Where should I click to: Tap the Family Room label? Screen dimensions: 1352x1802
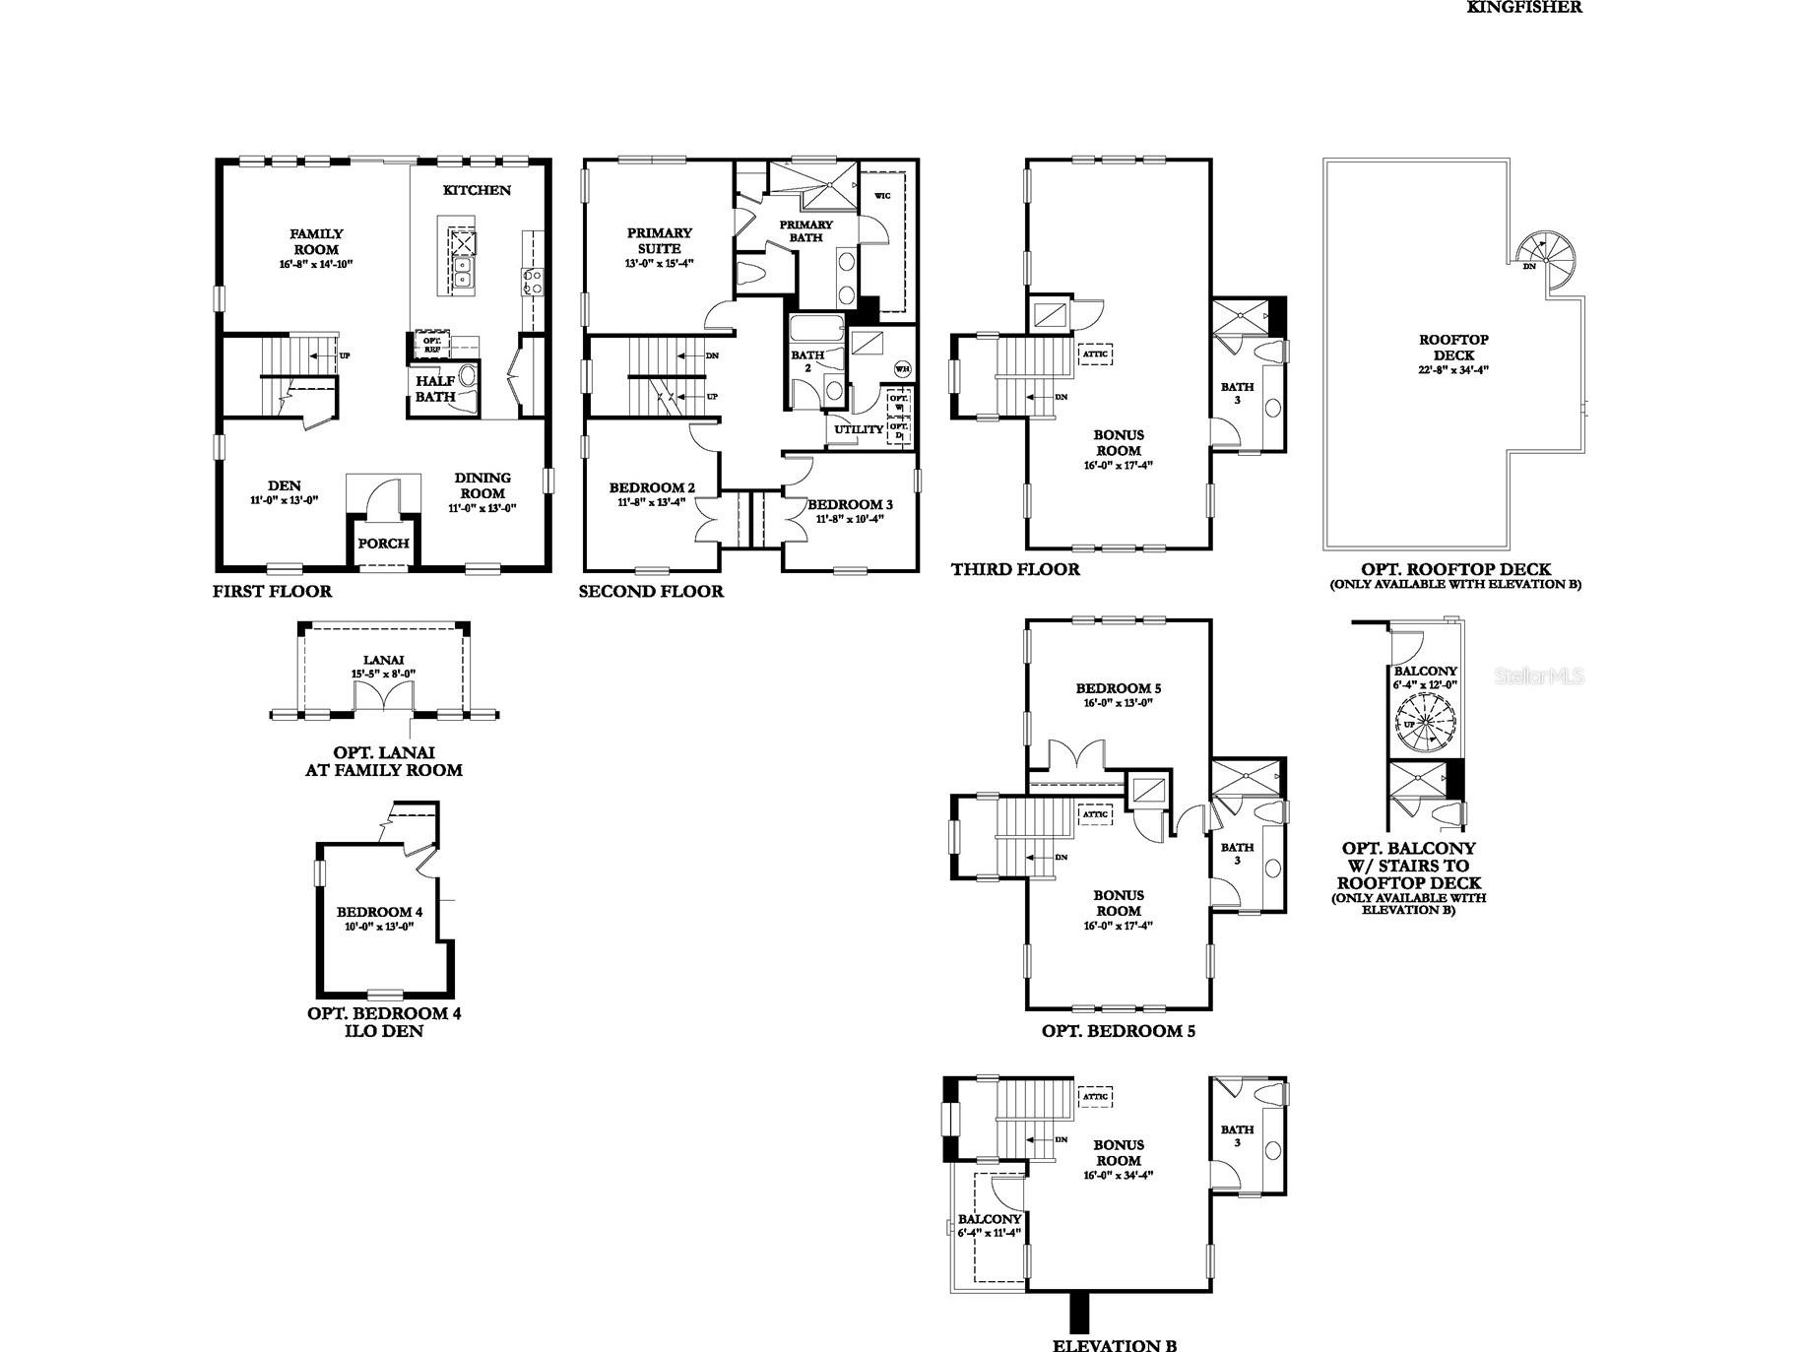pos(316,241)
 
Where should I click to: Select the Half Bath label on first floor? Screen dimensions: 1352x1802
pos(434,389)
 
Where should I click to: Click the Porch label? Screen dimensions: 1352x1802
pos(383,544)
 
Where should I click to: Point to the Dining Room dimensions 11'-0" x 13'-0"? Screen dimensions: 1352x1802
pos(483,509)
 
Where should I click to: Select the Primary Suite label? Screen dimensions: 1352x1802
pos(660,240)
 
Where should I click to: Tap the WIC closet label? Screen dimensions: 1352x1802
pos(882,196)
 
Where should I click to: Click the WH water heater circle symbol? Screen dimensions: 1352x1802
pos(901,368)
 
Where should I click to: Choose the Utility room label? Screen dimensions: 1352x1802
pos(859,429)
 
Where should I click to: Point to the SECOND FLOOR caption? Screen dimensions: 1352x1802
pos(651,592)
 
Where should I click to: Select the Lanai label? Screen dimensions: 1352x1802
pos(383,661)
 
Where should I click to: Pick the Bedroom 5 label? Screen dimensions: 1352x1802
pos(1111,688)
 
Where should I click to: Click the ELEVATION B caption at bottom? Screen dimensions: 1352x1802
pos(1115,1346)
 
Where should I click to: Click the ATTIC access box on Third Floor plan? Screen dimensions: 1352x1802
pos(1095,354)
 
